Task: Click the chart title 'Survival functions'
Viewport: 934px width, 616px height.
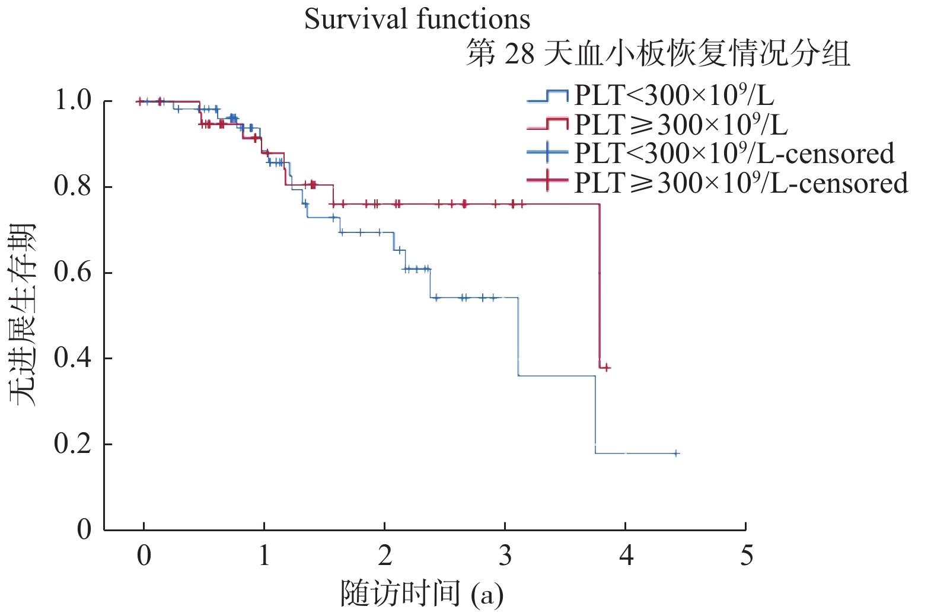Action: click(417, 19)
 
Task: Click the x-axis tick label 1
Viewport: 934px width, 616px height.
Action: click(264, 556)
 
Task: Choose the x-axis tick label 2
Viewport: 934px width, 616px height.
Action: click(385, 556)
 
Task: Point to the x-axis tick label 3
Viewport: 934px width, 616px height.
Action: click(505, 556)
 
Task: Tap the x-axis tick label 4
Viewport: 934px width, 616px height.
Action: click(626, 556)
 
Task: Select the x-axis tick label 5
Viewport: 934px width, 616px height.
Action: click(747, 556)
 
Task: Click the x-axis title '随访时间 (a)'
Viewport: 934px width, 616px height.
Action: click(422, 594)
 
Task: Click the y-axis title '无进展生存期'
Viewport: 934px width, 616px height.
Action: click(23, 315)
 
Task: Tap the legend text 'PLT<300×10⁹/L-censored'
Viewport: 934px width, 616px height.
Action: click(734, 154)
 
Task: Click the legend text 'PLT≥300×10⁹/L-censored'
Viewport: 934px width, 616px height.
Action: click(741, 183)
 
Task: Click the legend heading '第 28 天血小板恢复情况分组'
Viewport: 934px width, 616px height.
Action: click(658, 54)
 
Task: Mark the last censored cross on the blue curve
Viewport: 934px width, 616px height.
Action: click(675, 454)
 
